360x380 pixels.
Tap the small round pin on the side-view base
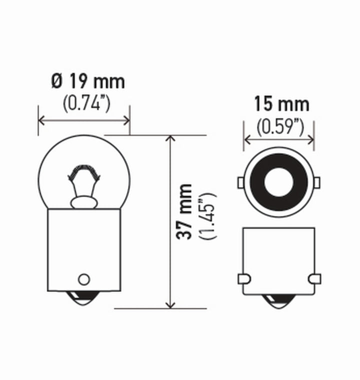84,278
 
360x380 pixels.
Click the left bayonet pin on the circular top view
240,182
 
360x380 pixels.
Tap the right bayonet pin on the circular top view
316,182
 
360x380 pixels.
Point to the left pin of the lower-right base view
243,278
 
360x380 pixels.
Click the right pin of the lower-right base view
315,278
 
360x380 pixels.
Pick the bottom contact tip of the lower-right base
278,301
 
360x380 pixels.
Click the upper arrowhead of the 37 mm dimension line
170,139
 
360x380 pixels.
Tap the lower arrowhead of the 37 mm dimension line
170,304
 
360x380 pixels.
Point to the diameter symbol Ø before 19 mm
56,81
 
